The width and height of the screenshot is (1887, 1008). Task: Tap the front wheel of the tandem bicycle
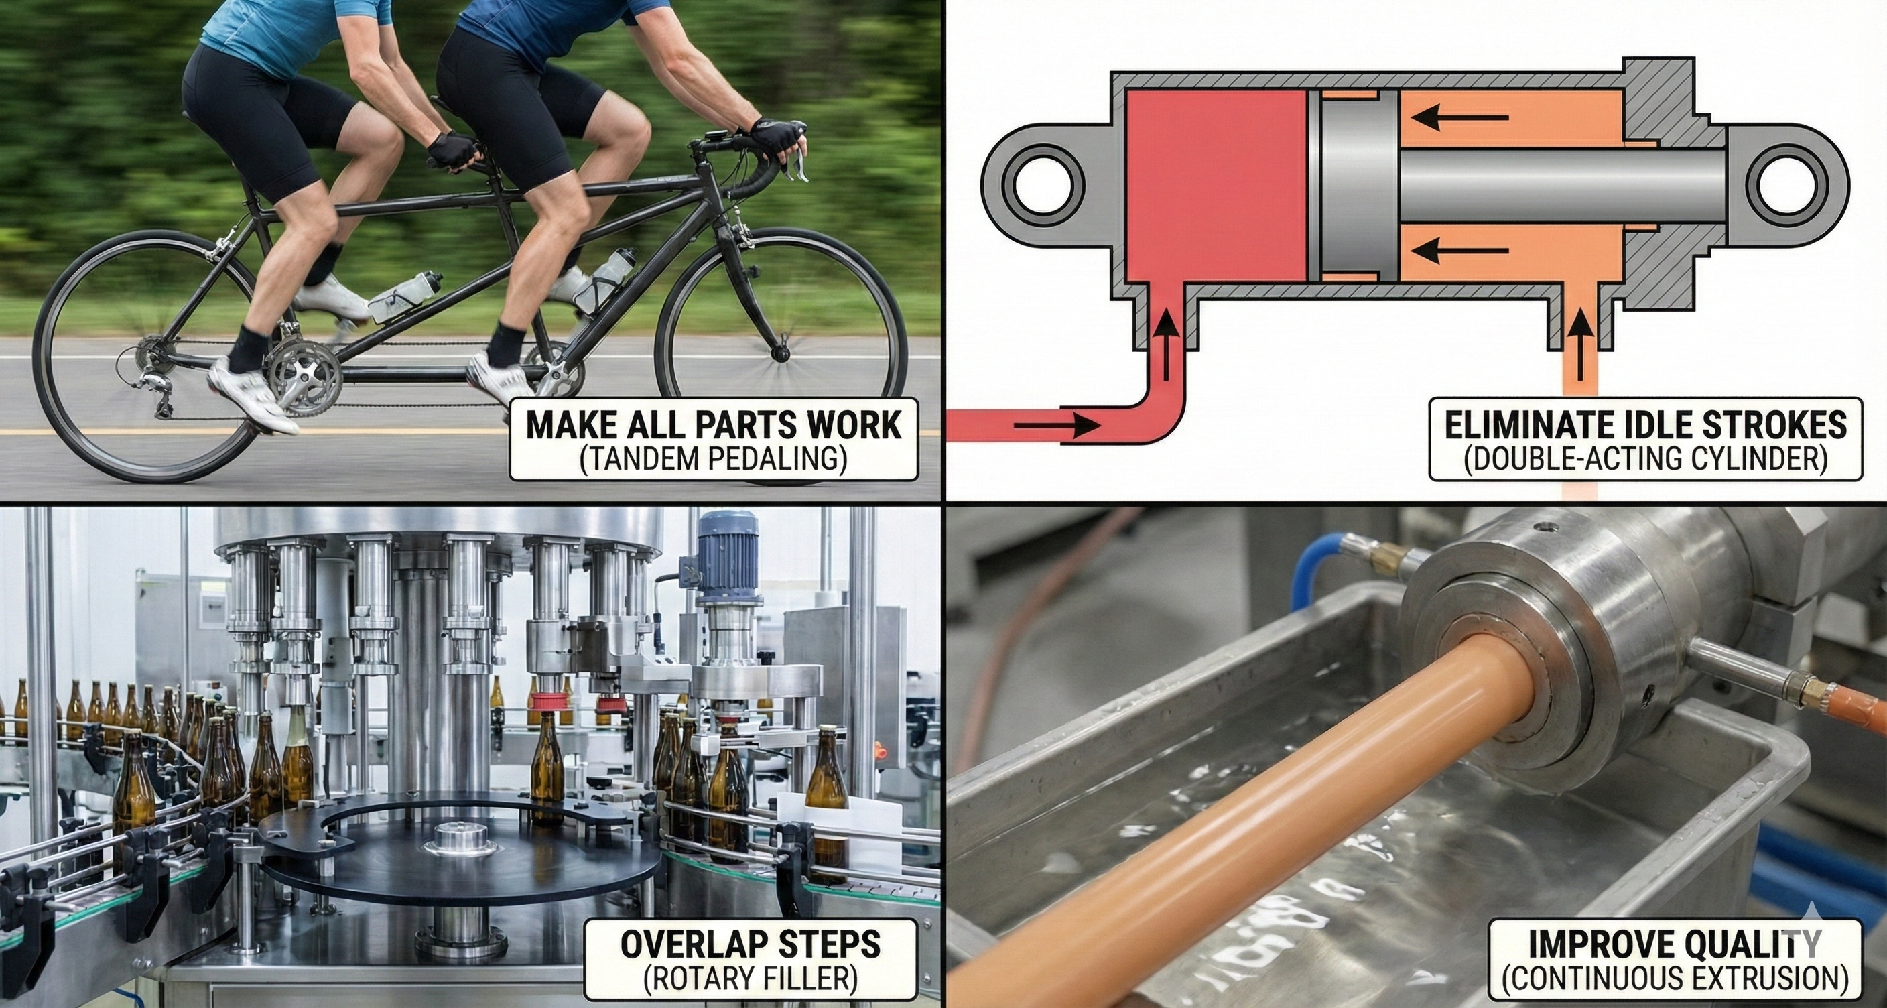[x=781, y=353]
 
